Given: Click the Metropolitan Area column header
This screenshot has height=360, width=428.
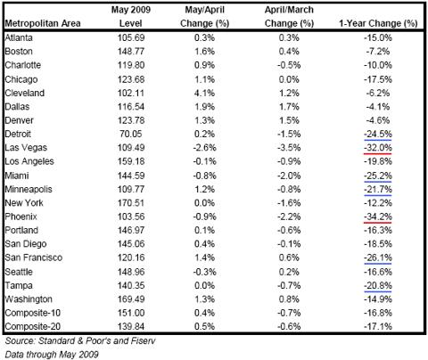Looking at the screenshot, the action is tap(43, 23).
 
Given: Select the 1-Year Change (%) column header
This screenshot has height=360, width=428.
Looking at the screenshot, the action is tap(378, 23).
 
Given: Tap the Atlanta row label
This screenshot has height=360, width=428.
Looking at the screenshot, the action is tap(19, 37).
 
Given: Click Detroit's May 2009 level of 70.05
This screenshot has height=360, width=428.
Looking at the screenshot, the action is tap(131, 134).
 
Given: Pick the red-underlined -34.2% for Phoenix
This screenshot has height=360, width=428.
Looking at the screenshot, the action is tap(378, 217).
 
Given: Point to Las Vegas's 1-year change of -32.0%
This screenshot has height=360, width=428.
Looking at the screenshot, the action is tap(378, 148).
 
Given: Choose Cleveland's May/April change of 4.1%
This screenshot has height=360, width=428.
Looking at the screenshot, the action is tap(204, 93).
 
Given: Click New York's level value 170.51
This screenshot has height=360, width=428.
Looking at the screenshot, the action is tap(131, 203).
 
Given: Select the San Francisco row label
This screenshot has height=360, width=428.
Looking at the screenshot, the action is tap(34, 258).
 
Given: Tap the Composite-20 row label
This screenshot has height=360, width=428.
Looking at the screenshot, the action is tap(33, 326).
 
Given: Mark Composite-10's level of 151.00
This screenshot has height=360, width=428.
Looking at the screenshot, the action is tap(131, 313).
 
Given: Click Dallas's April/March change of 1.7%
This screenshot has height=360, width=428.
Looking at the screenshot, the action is tap(289, 107).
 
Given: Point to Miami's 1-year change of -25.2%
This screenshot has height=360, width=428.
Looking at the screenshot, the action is tap(378, 176).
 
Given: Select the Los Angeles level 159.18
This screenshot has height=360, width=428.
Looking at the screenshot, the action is tap(131, 161).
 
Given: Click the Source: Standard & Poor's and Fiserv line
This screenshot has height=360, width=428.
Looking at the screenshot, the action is tap(80, 340).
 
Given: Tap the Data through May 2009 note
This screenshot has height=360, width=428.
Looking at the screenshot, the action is tap(52, 355).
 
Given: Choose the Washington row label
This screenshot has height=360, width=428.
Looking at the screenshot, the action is tap(29, 299).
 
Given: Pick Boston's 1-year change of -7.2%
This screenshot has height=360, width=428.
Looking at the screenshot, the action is tap(378, 52).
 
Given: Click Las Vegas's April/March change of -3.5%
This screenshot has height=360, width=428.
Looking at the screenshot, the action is tap(289, 148).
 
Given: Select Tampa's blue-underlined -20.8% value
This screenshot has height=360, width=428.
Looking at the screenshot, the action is tap(378, 285).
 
